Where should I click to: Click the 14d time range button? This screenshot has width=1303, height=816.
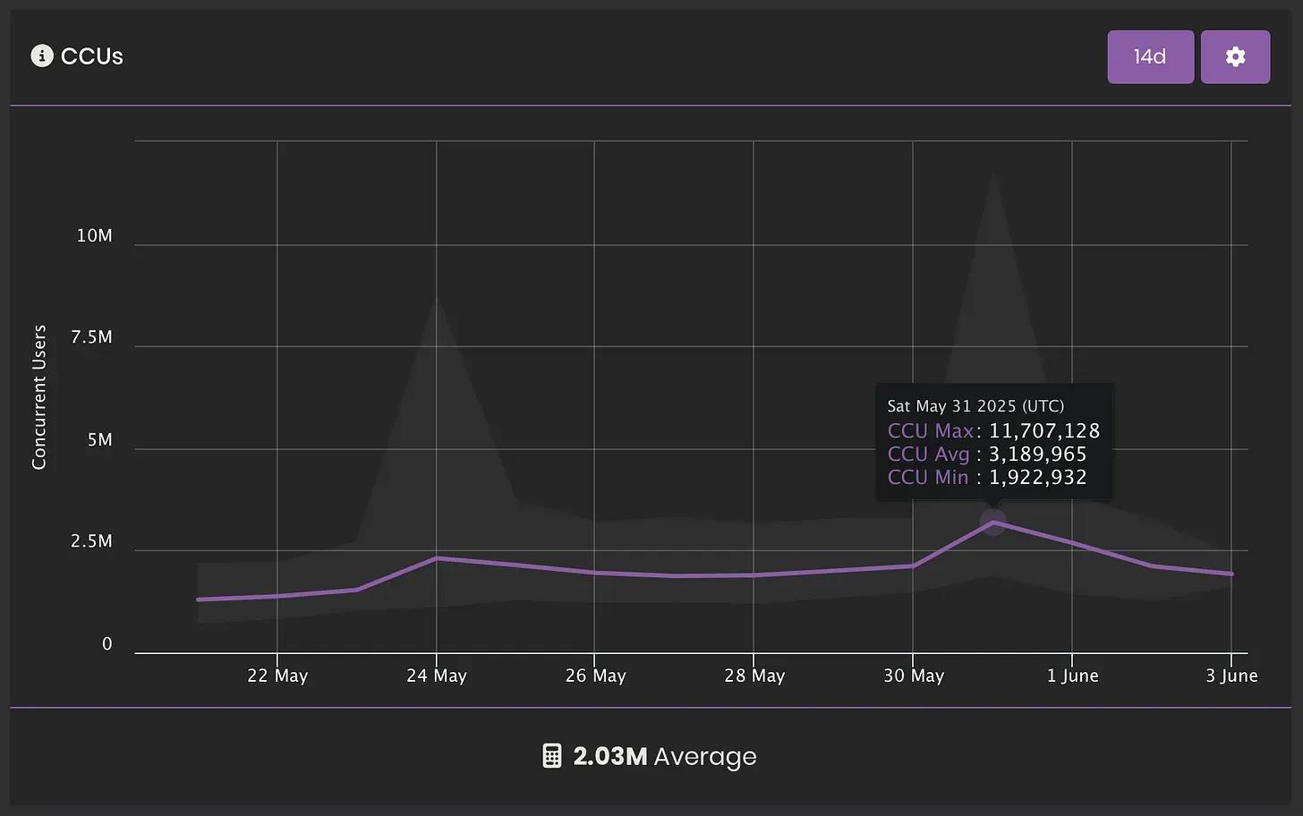click(x=1150, y=56)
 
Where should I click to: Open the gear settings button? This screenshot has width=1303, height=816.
click(x=1235, y=56)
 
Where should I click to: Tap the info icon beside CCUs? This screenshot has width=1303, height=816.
click(x=42, y=56)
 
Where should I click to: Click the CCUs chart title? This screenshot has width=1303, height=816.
click(x=91, y=56)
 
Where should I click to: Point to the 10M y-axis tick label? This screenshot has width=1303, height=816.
click(x=94, y=235)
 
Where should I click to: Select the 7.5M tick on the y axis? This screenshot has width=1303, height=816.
click(x=91, y=337)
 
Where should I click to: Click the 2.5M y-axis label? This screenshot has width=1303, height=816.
click(x=91, y=541)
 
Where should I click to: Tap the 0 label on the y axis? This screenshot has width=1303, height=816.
click(x=107, y=644)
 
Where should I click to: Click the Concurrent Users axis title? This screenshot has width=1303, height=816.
click(x=39, y=396)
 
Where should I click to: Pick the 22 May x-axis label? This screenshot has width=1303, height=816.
click(x=277, y=676)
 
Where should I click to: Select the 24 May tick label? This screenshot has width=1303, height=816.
click(x=437, y=676)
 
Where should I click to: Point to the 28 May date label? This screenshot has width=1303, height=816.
click(x=754, y=676)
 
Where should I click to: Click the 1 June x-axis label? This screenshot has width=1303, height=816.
click(x=1073, y=676)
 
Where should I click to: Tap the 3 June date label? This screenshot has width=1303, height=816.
click(x=1231, y=676)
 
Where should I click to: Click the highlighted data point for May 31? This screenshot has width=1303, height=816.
click(x=992, y=523)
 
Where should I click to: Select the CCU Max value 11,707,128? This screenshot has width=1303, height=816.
click(x=1043, y=431)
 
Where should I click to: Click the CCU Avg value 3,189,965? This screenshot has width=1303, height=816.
click(x=1037, y=455)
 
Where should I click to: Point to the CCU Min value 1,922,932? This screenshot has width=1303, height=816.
click(x=1037, y=478)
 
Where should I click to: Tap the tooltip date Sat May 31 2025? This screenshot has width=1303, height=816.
click(x=975, y=406)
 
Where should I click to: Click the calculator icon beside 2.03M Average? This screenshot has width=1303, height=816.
click(x=552, y=756)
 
